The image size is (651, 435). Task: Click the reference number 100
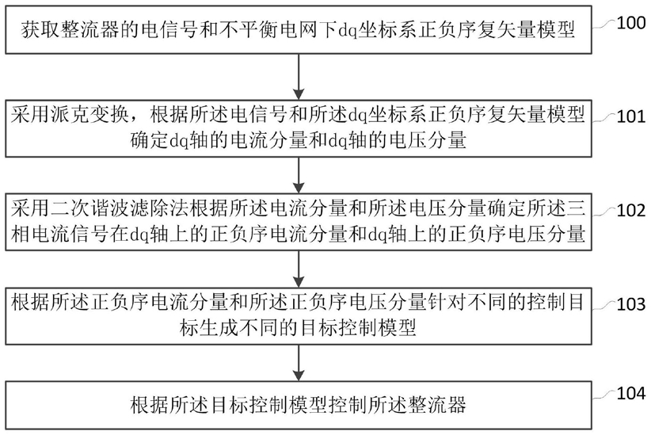(x=630, y=22)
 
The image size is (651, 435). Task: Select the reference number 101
(x=630, y=116)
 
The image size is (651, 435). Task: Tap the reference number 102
(x=630, y=210)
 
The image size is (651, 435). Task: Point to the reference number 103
(x=630, y=304)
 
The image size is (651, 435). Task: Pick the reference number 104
(x=630, y=393)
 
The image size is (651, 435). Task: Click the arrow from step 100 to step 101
(x=299, y=76)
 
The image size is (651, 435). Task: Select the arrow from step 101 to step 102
(x=299, y=175)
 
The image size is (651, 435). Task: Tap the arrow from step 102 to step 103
(x=299, y=269)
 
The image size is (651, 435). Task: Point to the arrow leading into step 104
(x=299, y=362)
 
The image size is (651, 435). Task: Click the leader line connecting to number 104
(x=603, y=395)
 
